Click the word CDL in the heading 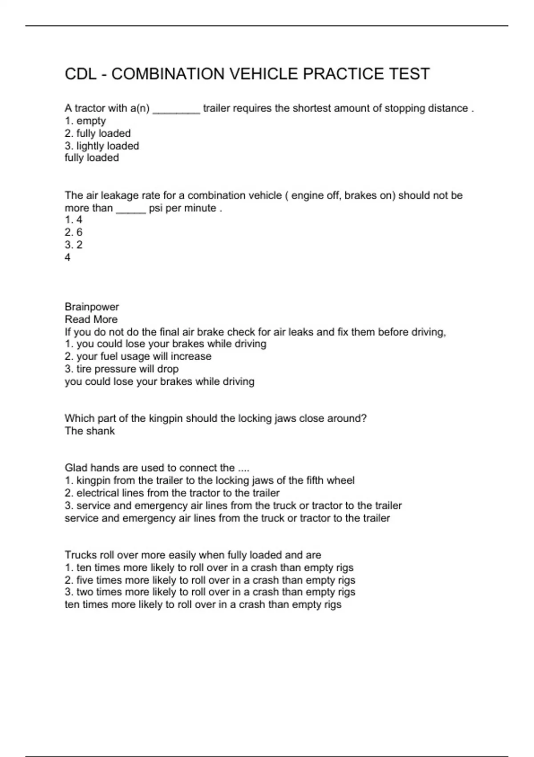tap(81, 74)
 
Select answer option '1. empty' tap(85, 121)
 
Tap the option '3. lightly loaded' tap(102, 146)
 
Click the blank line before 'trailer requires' tap(176, 111)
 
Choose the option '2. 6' tap(74, 232)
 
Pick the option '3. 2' tap(74, 245)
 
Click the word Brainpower tap(92, 307)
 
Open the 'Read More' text tap(91, 320)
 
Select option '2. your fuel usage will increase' tap(138, 357)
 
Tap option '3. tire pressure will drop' tap(121, 369)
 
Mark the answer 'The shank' tap(89, 431)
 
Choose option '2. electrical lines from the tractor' tap(172, 493)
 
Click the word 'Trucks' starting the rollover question tap(79, 555)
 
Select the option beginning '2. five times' tap(210, 581)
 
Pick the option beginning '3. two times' tap(210, 592)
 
